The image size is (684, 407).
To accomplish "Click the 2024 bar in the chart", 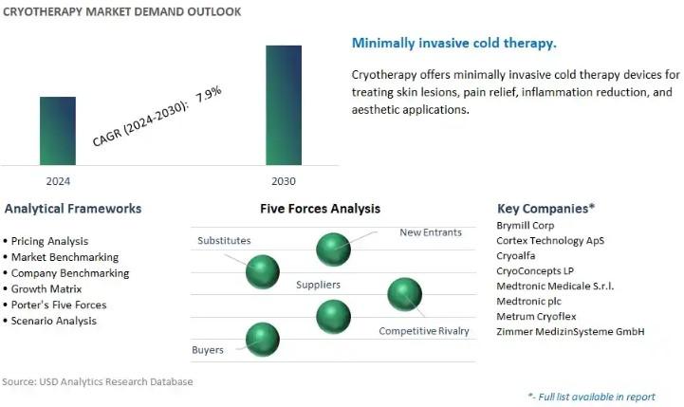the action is coord(58,131).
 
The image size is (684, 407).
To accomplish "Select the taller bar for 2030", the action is coord(284,105).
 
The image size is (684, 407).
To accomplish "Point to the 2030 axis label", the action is coord(284,181).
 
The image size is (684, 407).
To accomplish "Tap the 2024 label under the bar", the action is coord(58,181).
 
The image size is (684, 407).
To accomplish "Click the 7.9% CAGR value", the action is coord(209,94).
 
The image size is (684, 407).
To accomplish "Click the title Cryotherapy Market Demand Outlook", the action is coord(121,11).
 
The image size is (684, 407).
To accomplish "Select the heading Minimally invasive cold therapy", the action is coord(454,44).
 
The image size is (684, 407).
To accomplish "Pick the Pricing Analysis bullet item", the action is coord(49,241).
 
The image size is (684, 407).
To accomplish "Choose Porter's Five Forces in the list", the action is coord(59,305).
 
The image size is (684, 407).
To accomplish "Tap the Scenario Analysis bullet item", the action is coord(54,321).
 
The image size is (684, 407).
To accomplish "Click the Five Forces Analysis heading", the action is coord(321,209).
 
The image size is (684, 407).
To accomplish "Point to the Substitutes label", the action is coord(224,240).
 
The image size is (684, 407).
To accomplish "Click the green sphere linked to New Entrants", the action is coord(333,250).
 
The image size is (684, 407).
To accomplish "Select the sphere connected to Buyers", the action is coord(263,340).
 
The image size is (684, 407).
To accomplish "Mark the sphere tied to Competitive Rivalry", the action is coord(405,294).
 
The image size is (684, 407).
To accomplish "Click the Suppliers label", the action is coord(318,285).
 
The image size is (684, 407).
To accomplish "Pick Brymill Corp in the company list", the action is coord(526,226).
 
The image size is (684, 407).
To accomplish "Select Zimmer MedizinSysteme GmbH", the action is coord(570,331).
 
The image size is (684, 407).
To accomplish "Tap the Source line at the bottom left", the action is coord(98,381).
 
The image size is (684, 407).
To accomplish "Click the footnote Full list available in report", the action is coord(592,397).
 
